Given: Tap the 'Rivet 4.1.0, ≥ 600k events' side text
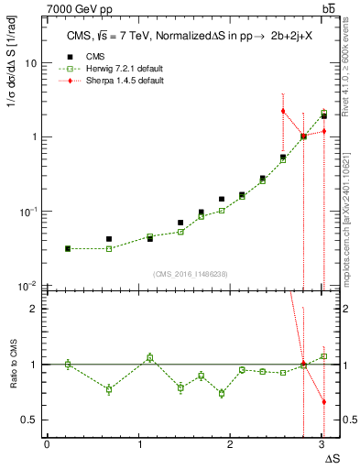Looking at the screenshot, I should click(347, 64).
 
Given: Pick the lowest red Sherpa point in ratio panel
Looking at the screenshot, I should click(323, 401).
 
